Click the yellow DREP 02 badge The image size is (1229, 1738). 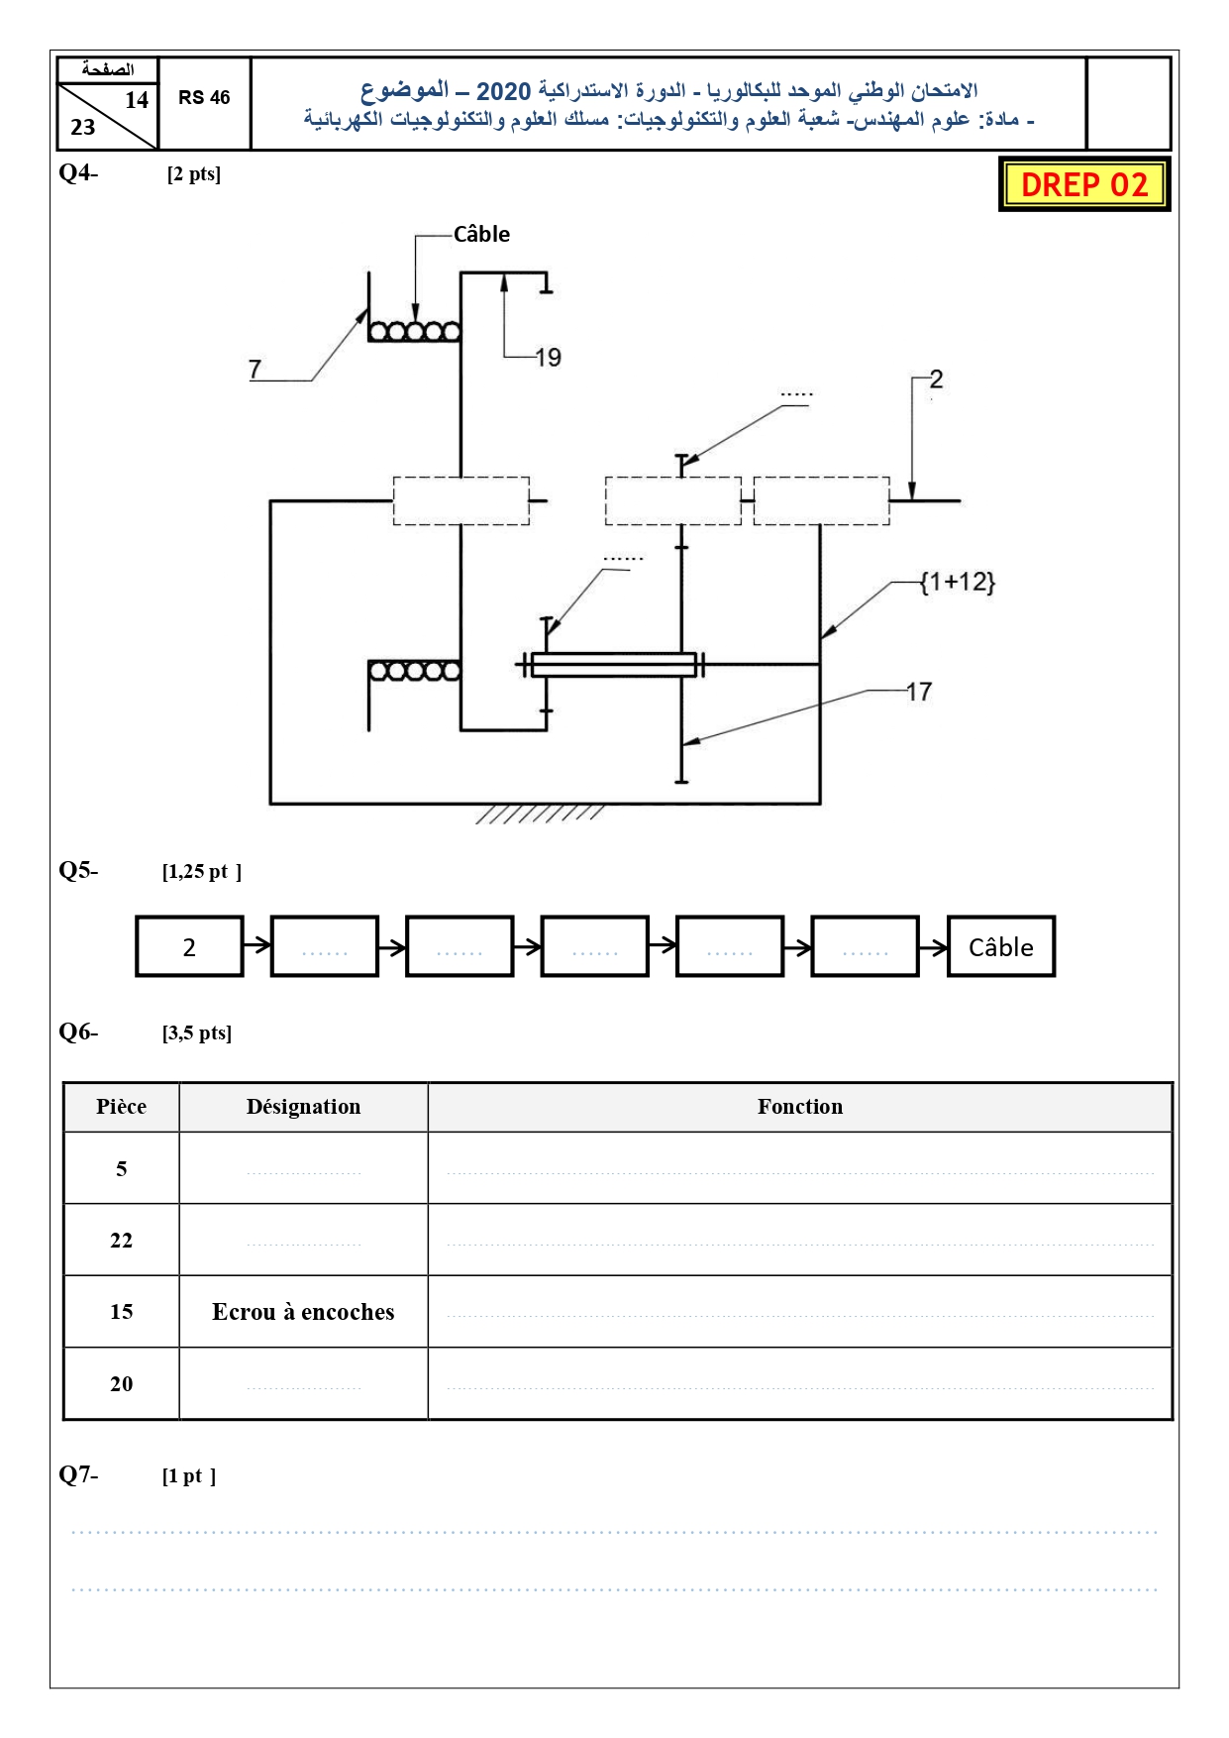tap(1084, 184)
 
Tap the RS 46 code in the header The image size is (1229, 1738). tap(204, 97)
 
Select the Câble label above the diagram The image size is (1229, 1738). tap(481, 234)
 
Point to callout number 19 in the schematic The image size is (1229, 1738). tap(548, 357)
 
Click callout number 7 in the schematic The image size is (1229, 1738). tap(255, 369)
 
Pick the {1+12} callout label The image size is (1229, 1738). tap(957, 582)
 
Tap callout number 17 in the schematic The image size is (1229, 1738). tap(919, 692)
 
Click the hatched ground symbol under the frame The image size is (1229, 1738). tap(540, 814)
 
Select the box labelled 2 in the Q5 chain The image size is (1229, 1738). tap(189, 947)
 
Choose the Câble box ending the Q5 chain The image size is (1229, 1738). tap(1001, 947)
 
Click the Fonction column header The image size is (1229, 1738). tap(800, 1107)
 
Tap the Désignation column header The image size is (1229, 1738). tap(303, 1107)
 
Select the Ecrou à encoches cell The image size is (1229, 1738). tap(303, 1312)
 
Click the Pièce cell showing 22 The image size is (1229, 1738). tap(121, 1241)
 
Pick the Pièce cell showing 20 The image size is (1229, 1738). tap(121, 1384)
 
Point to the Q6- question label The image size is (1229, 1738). tap(78, 1032)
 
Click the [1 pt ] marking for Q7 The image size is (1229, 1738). tap(189, 1476)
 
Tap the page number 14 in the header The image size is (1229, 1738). tap(137, 100)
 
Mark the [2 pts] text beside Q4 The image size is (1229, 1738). tap(194, 174)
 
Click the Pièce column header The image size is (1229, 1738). tap(121, 1107)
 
